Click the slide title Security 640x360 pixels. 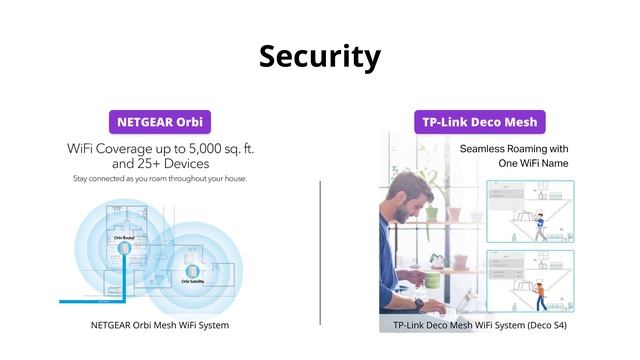pos(320,56)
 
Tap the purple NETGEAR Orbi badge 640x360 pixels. pos(160,122)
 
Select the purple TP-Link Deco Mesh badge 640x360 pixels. pos(479,122)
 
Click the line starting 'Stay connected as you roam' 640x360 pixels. pos(160,179)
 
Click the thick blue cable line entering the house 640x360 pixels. pos(90,299)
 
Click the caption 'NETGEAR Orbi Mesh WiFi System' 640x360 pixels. pos(160,325)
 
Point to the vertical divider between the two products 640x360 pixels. pos(320,250)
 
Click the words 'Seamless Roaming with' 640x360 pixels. pos(514,148)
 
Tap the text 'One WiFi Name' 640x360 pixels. pos(514,163)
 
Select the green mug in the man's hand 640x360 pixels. pos(431,279)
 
